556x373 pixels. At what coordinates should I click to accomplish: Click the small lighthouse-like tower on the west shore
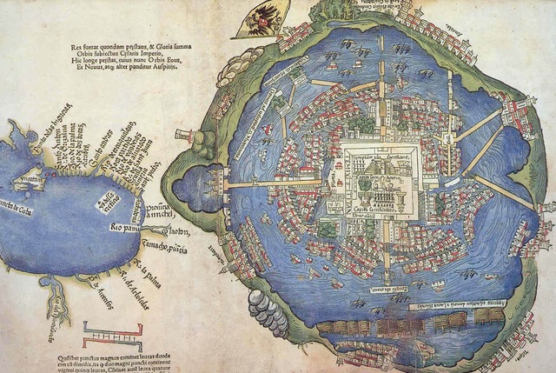pos(183,137)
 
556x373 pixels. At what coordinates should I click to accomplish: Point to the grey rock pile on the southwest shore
pos(268,310)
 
